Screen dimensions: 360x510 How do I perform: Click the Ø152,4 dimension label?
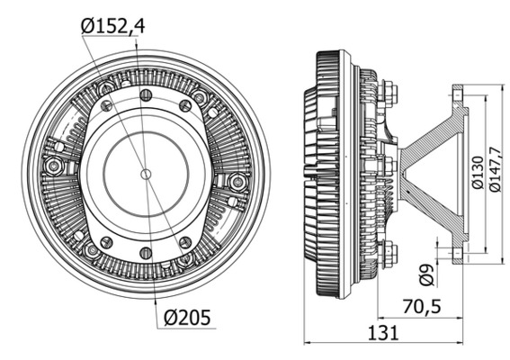(x=112, y=26)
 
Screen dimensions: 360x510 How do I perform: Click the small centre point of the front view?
(x=146, y=171)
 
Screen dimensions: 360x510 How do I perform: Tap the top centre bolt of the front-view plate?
(x=146, y=94)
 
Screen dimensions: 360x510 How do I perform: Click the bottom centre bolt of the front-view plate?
(x=146, y=250)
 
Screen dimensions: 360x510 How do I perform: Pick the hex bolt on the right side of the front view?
(x=238, y=182)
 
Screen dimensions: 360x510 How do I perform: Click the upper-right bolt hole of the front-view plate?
(x=185, y=105)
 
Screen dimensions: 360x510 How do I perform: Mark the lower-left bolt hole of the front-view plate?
(x=106, y=241)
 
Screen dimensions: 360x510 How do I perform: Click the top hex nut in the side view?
(x=389, y=91)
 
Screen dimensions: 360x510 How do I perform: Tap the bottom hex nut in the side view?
(x=389, y=255)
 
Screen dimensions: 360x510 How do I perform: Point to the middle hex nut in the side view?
(x=389, y=168)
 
